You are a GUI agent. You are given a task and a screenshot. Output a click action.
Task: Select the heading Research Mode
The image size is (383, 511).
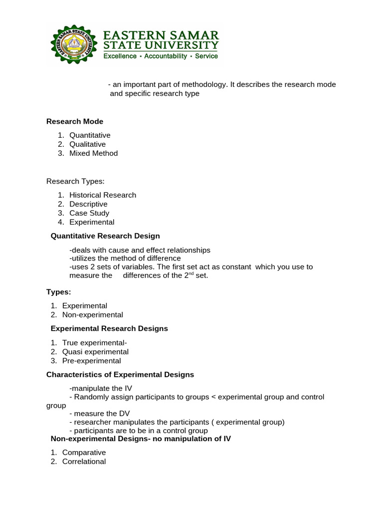pos(75,121)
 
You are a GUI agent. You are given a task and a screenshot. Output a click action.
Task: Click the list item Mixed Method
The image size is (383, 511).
pos(94,153)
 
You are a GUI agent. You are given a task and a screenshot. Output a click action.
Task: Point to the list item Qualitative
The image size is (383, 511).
pos(88,144)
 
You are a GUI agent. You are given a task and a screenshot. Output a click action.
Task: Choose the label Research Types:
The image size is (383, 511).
pos(75,181)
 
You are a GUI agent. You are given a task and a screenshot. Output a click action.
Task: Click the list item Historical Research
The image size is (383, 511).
pos(103,195)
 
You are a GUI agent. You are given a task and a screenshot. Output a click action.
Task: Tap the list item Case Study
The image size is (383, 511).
pos(89,213)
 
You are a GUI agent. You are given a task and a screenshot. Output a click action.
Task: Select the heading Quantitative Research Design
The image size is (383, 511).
pos(106,236)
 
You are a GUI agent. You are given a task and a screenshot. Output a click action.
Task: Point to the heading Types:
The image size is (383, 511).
pos(59,292)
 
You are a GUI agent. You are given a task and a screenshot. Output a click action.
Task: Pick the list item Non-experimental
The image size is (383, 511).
pos(93,315)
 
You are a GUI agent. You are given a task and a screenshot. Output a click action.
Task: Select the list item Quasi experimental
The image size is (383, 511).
pos(96,352)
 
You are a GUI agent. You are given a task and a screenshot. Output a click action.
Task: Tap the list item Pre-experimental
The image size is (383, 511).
pos(92,361)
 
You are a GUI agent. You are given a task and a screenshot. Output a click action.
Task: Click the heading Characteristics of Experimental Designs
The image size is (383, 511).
pos(120,374)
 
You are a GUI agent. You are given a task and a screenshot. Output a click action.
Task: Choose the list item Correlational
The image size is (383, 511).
pos(84,462)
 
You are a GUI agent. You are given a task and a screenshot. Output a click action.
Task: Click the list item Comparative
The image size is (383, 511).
pos(84,453)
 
